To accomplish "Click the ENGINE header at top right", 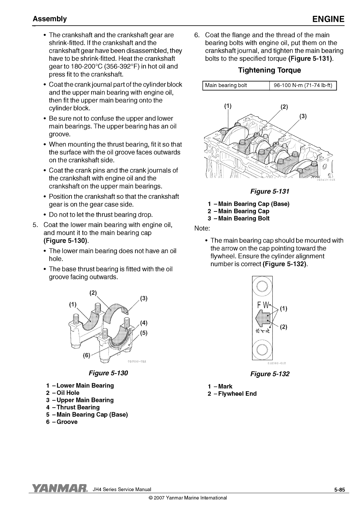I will [x=328, y=19].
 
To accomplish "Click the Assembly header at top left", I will [x=50, y=19].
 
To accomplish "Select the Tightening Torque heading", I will [x=269, y=70].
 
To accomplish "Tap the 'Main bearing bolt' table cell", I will [x=226, y=86].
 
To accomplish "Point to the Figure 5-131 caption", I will [x=270, y=192].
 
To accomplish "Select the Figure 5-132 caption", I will [x=270, y=374].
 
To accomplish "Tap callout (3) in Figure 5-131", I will [x=303, y=117].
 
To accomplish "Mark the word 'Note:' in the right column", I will [x=202, y=229].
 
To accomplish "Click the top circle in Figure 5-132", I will [x=262, y=285].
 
